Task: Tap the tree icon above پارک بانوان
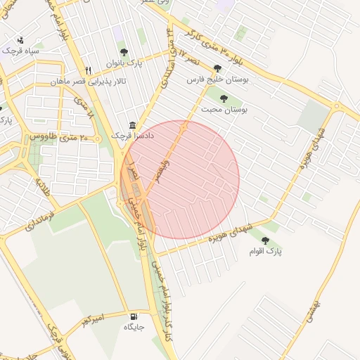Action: tap(124, 52)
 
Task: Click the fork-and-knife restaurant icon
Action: tap(88, 70)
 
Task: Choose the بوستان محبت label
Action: tap(225, 110)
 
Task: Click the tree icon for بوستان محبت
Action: tap(224, 98)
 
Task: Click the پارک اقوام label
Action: tap(265, 251)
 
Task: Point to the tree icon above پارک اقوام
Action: tap(265, 240)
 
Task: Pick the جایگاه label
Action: tap(134, 327)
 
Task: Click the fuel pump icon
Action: tap(134, 316)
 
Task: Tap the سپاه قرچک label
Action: tap(20, 51)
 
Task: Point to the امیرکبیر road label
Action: tap(91, 319)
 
